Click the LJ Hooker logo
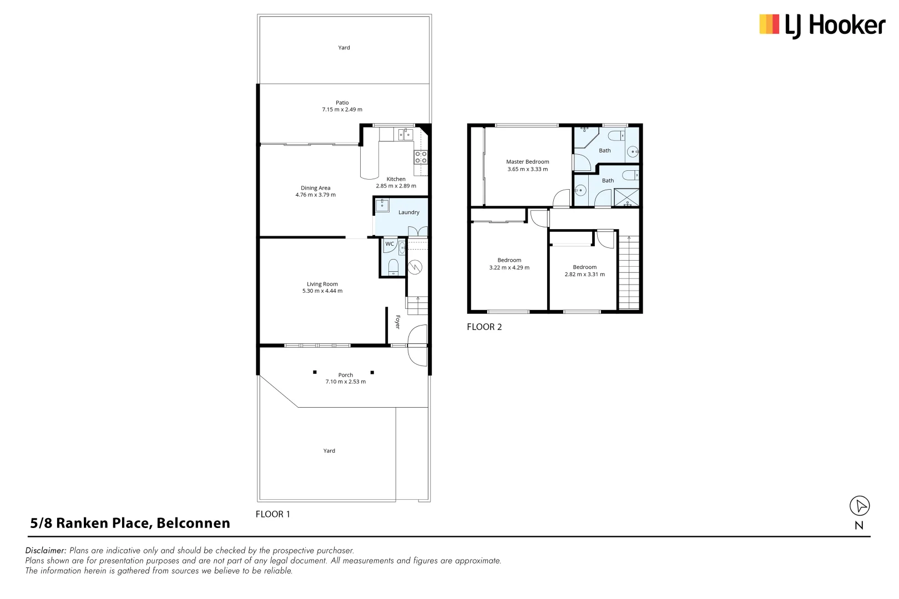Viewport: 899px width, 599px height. coord(822,26)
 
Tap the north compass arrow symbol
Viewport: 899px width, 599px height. coord(860,506)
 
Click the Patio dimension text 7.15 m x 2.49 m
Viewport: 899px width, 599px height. coord(342,110)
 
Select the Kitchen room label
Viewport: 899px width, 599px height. coord(396,179)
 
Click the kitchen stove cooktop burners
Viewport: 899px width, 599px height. coord(421,157)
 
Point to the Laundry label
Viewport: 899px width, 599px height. coord(408,212)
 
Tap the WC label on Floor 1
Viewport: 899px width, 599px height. coord(390,244)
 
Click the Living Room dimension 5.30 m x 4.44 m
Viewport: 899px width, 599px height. coord(322,291)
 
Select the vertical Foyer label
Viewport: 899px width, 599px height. coord(397,322)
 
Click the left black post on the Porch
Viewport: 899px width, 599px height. coord(315,372)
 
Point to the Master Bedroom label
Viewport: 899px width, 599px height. coord(527,162)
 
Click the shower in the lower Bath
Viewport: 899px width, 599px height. coord(627,197)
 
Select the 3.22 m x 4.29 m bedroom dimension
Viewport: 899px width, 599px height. coord(509,268)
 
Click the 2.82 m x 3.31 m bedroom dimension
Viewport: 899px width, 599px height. coord(584,275)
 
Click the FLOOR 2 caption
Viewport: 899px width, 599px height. coord(484,327)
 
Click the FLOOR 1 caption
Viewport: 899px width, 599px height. coord(272,515)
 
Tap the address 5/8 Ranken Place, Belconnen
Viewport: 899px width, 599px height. coord(130,523)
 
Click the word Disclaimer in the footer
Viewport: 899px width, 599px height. coord(46,551)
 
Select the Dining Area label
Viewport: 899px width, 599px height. coord(315,188)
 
